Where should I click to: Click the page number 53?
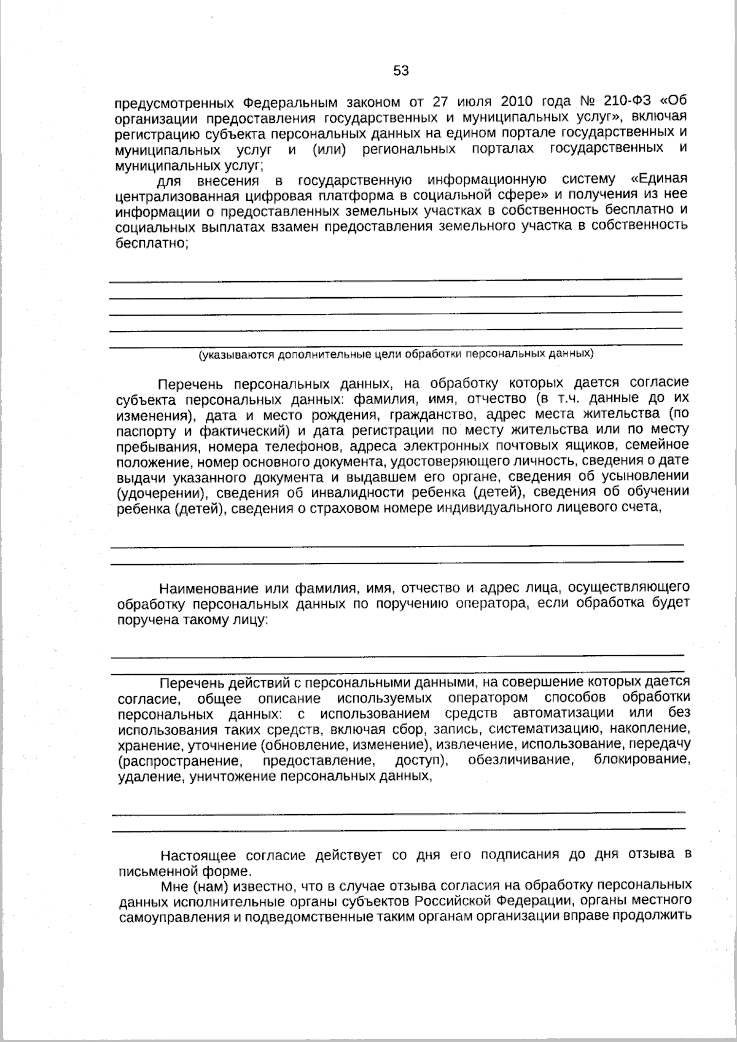point(400,71)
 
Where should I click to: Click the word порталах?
point(503,149)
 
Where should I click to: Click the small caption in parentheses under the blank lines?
point(396,354)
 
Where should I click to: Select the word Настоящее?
point(199,855)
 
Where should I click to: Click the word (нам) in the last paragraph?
point(209,886)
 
